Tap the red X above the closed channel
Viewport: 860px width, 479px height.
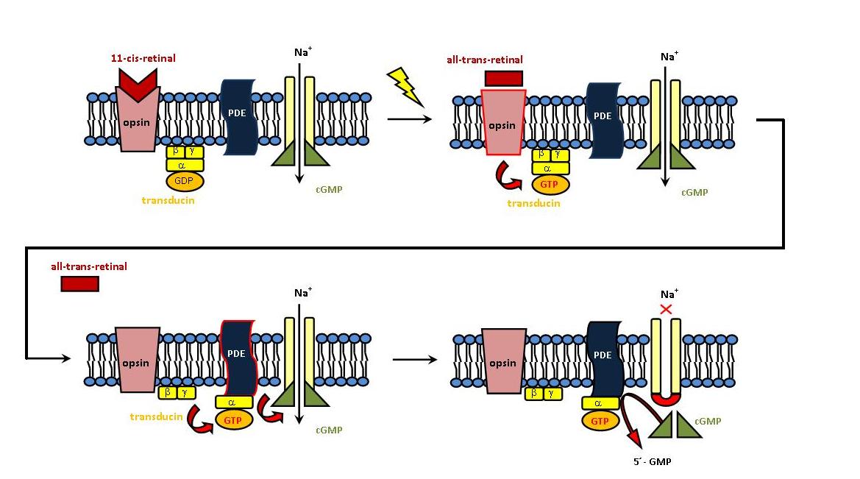(x=667, y=310)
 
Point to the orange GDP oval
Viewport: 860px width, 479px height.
(x=185, y=181)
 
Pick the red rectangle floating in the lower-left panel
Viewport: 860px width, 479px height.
(x=79, y=283)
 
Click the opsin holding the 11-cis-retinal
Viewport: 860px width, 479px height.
(x=138, y=121)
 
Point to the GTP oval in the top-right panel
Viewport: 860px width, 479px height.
(x=550, y=184)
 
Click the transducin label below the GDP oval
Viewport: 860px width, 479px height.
(x=168, y=199)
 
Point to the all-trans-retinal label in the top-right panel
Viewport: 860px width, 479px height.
(x=484, y=60)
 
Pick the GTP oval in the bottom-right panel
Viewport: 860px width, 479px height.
(x=600, y=421)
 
